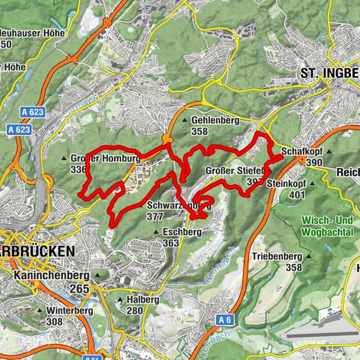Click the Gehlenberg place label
[x=210, y=119]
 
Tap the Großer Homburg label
[x=105, y=158]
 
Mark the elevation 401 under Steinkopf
[x=297, y=193]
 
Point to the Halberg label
[x=142, y=298]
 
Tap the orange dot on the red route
[x=167, y=139]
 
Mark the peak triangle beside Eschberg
[x=156, y=232]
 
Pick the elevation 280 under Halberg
[x=135, y=310]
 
